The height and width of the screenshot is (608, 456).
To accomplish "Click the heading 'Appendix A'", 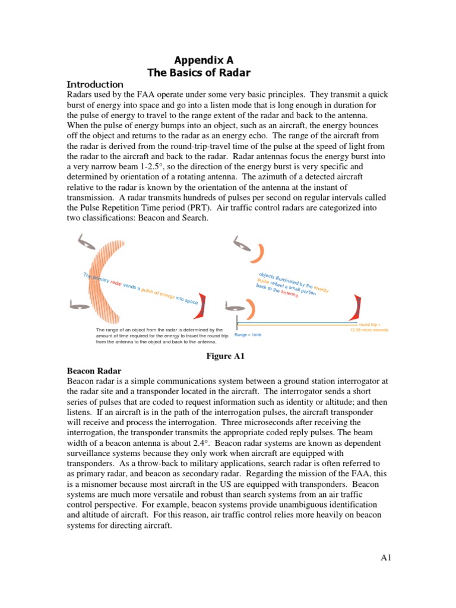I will point(204,60).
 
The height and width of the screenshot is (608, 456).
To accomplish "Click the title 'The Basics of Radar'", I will point(198,73).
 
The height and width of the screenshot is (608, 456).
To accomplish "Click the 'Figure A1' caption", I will point(226,356).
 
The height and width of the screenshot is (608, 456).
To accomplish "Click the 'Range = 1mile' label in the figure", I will point(248,335).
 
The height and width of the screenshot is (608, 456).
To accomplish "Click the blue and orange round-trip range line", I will point(297,324).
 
